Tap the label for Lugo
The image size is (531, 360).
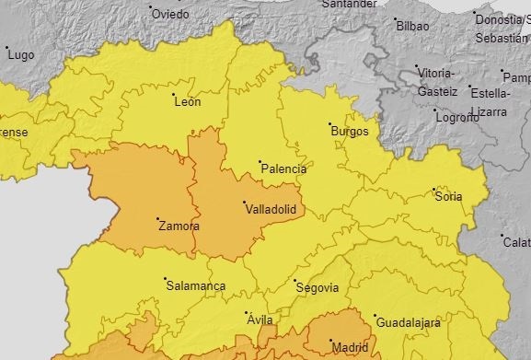[x=20, y=55]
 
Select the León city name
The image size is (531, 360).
[x=187, y=102]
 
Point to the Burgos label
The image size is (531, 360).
[x=349, y=132]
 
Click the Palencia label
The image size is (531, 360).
[x=283, y=169]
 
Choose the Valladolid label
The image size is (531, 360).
[x=271, y=210]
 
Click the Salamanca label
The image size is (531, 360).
[x=195, y=286]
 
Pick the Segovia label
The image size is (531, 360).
[x=317, y=288]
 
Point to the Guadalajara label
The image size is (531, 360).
[x=408, y=323]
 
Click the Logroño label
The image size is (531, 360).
[x=457, y=118]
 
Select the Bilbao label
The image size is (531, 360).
[x=413, y=26]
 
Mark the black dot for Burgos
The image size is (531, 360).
[x=330, y=124]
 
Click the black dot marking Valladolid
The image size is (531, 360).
[x=244, y=203]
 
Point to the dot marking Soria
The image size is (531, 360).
[x=434, y=191]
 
